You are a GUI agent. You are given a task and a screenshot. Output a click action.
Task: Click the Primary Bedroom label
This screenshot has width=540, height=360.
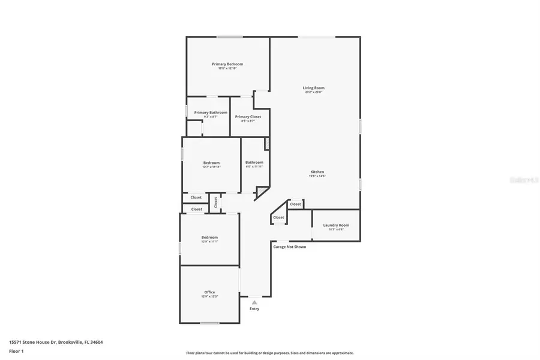(x=227, y=64)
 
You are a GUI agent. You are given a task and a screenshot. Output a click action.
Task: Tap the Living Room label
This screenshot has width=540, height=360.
(x=314, y=88)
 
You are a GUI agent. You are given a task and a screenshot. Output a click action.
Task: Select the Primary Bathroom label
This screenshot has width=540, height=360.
(x=211, y=113)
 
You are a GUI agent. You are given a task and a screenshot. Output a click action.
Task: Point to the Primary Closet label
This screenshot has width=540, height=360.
(x=248, y=117)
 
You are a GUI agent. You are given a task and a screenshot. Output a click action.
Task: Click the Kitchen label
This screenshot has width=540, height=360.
(x=317, y=172)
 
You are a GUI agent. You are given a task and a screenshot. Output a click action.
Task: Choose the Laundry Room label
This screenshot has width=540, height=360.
(x=336, y=226)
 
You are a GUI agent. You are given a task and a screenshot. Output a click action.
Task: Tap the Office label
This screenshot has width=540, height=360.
(x=209, y=292)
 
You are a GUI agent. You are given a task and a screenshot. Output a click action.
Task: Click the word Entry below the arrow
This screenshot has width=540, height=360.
(x=254, y=309)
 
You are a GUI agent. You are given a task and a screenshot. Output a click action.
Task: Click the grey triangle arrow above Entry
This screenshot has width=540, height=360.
(x=254, y=302)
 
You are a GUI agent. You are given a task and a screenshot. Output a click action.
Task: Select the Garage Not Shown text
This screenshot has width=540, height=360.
(x=290, y=247)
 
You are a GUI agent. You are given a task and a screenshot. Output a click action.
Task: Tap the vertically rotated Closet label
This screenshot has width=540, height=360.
(x=215, y=203)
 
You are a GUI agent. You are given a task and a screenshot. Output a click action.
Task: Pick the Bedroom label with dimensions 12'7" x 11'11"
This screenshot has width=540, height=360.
(x=211, y=163)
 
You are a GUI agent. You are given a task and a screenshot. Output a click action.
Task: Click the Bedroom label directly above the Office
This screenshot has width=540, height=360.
(x=209, y=238)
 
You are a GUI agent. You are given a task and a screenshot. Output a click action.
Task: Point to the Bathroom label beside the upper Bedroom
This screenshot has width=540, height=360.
(x=254, y=163)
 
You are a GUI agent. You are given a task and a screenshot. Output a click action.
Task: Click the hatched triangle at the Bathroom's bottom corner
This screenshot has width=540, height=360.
(x=262, y=192)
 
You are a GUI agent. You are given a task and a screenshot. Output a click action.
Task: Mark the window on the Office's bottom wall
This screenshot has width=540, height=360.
(x=210, y=323)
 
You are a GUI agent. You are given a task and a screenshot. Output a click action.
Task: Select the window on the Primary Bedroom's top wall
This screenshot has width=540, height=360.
(x=229, y=37)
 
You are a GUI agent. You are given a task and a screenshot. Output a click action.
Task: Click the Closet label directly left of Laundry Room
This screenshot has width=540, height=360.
(x=295, y=204)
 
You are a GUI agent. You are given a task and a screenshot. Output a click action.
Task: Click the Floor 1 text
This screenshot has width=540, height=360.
(x=17, y=351)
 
